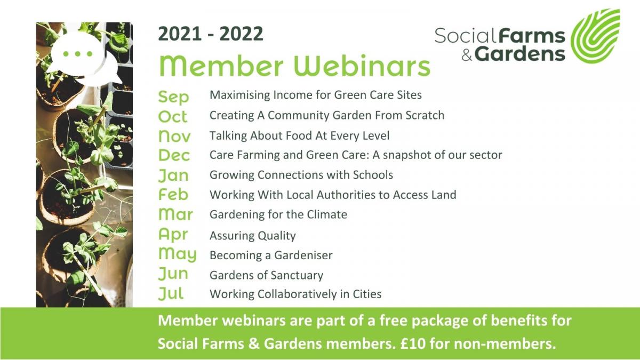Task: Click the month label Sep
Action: (x=173, y=97)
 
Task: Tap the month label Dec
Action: (x=174, y=155)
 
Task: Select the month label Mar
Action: (x=175, y=214)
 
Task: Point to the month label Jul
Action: (x=171, y=293)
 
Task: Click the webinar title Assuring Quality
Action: (x=253, y=236)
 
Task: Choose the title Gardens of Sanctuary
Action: (x=266, y=275)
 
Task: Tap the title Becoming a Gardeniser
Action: (x=271, y=255)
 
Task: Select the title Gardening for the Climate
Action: (x=278, y=214)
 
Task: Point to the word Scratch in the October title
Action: (x=425, y=115)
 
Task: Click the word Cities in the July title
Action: (x=367, y=294)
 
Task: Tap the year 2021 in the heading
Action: (x=180, y=34)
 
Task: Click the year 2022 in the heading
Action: (x=242, y=34)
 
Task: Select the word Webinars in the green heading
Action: (x=362, y=66)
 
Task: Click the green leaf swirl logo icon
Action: (x=596, y=36)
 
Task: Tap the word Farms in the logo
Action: (x=532, y=36)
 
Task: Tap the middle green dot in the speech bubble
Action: (x=77, y=54)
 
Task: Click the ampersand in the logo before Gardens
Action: (x=467, y=54)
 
